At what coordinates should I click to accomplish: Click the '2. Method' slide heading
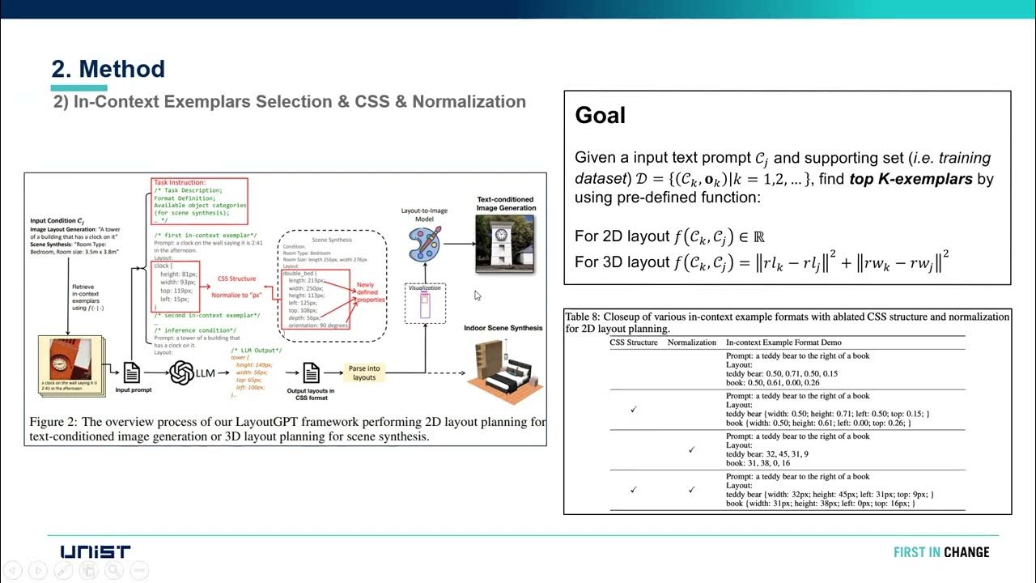point(108,69)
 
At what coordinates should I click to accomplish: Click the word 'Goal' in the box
point(600,116)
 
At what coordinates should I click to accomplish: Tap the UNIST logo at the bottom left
point(95,552)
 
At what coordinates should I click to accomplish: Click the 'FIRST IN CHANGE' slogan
point(940,552)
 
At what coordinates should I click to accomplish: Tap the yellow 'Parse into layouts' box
point(364,372)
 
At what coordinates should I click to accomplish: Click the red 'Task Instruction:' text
point(180,183)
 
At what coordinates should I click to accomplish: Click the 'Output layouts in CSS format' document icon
point(311,372)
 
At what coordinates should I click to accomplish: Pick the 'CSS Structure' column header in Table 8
point(633,343)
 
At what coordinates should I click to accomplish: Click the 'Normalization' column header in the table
point(692,343)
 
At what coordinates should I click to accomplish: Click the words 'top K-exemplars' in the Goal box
point(911,179)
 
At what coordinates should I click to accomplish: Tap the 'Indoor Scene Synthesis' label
point(503,328)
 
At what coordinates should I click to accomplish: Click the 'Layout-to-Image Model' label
point(425,215)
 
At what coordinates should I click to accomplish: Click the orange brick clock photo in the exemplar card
point(70,360)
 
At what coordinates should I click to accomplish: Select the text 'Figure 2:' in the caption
point(54,422)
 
